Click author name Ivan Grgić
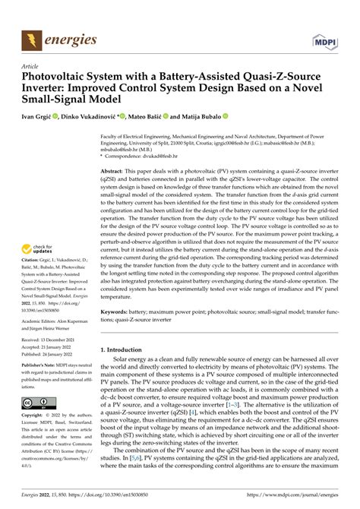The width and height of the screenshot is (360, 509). pos(43,119)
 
